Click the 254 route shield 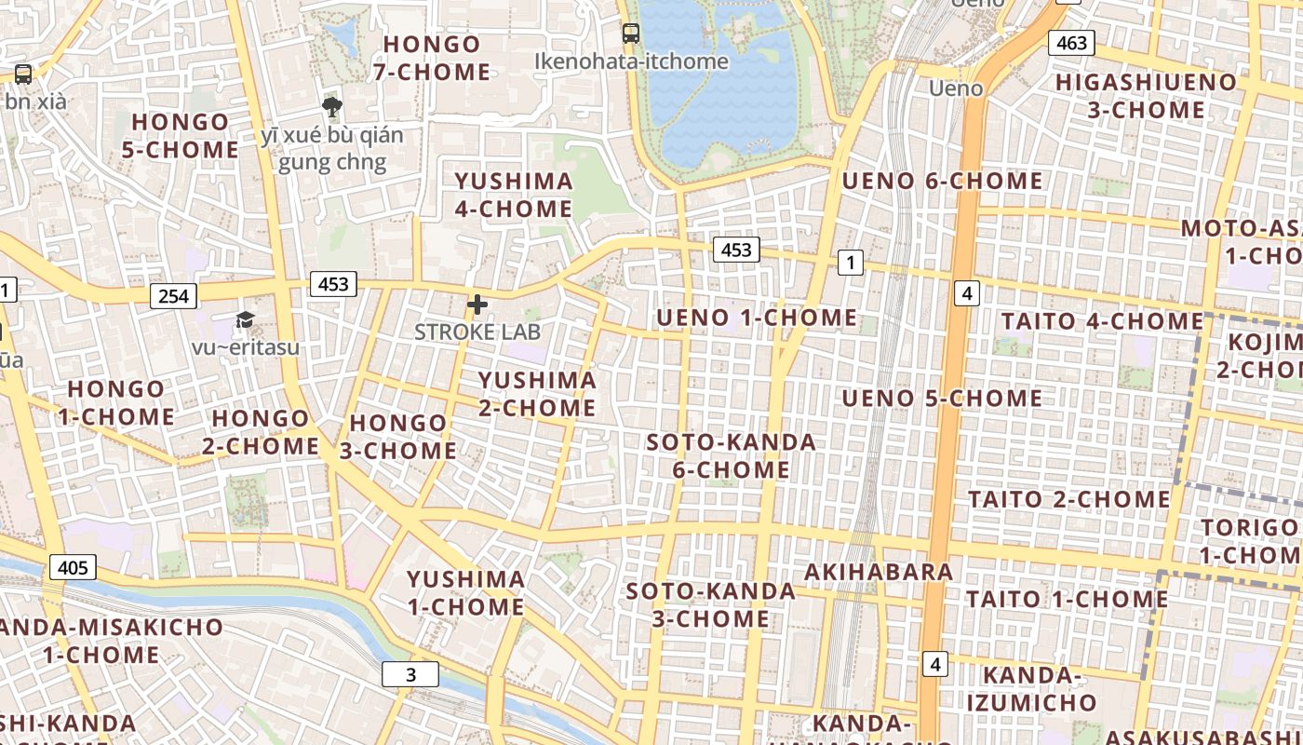click(x=173, y=296)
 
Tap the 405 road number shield click(x=73, y=567)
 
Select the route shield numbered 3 click(x=410, y=674)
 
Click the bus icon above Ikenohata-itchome click(x=631, y=34)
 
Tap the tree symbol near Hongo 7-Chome click(x=331, y=106)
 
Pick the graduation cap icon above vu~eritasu click(x=245, y=320)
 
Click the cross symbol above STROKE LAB click(x=477, y=305)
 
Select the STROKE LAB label click(x=477, y=332)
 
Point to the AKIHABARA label click(x=879, y=572)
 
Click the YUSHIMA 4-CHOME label click(x=514, y=195)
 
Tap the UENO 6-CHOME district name click(x=942, y=181)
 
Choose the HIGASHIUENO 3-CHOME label click(x=1147, y=96)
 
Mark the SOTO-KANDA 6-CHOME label click(x=732, y=455)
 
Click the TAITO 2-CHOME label click(x=1069, y=499)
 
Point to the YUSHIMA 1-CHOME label click(x=466, y=593)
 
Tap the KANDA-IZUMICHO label click(x=1030, y=688)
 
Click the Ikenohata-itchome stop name click(x=631, y=61)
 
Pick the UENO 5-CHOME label click(x=942, y=399)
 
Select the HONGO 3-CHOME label click(x=403, y=437)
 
